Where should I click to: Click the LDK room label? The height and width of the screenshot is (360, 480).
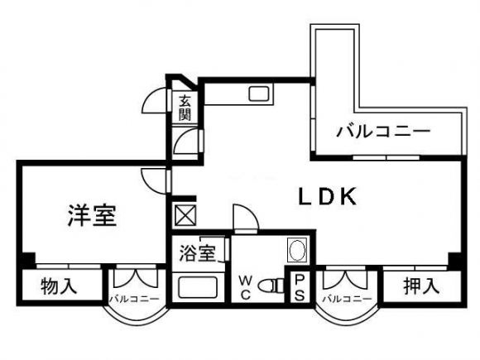click(x=328, y=196)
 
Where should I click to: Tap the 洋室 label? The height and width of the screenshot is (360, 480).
click(x=92, y=215)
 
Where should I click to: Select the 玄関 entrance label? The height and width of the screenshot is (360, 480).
click(x=185, y=107)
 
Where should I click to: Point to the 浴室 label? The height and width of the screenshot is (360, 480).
click(x=198, y=253)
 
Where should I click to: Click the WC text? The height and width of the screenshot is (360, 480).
click(x=245, y=287)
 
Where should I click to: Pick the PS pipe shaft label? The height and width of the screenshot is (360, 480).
click(x=300, y=287)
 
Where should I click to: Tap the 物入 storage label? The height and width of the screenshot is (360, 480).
click(x=59, y=286)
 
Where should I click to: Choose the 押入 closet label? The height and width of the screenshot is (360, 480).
click(x=421, y=286)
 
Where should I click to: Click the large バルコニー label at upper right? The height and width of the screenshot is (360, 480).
click(x=383, y=132)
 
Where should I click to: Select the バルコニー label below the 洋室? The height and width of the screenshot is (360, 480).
click(x=134, y=299)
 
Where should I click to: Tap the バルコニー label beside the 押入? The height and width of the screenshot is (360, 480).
click(x=347, y=299)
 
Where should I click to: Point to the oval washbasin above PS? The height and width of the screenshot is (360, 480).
click(x=297, y=250)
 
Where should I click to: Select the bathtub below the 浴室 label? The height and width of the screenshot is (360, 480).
click(x=198, y=287)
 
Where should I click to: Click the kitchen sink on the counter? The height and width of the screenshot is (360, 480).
click(x=259, y=94)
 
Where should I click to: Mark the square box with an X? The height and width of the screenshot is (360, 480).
click(x=185, y=215)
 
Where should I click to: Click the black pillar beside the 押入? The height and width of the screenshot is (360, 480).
click(x=455, y=261)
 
